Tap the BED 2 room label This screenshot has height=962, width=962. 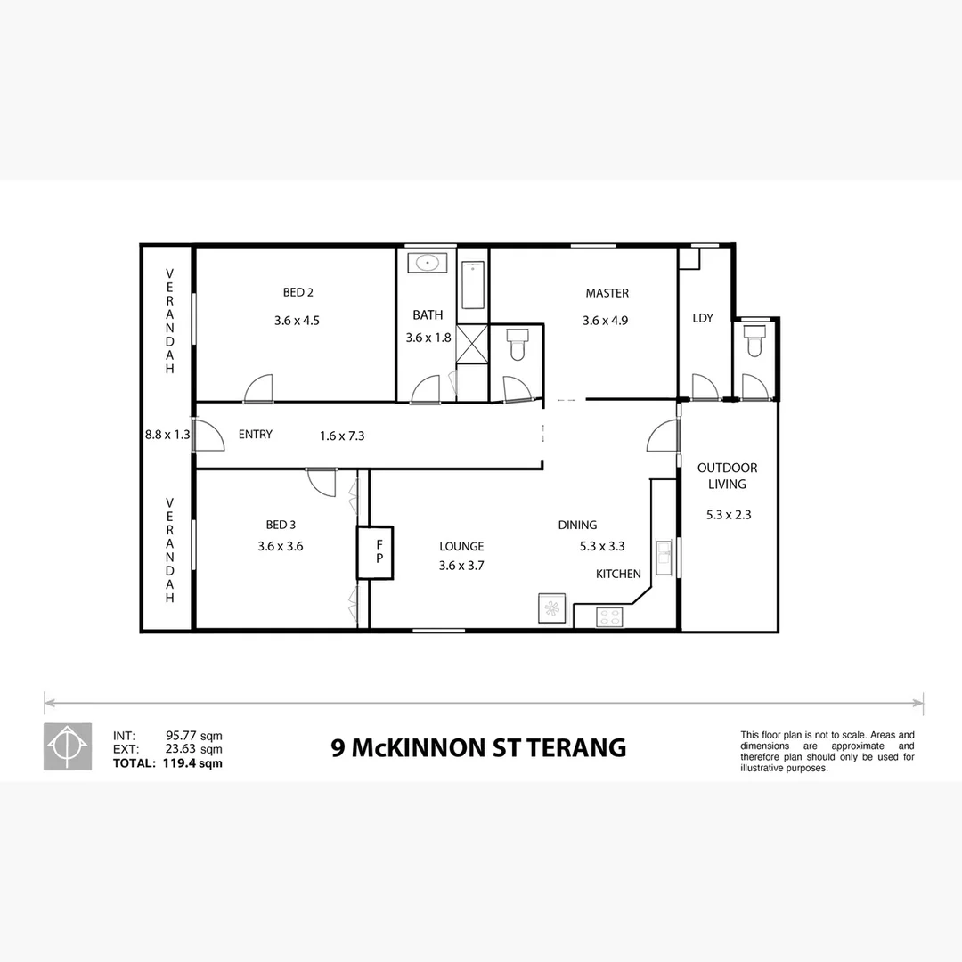(298, 293)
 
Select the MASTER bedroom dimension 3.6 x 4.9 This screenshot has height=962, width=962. (606, 321)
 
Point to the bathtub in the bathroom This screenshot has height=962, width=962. (473, 284)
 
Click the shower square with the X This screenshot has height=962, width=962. (472, 342)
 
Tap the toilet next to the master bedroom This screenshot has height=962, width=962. (517, 344)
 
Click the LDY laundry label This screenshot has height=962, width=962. (703, 318)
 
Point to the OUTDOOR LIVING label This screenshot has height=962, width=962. (727, 476)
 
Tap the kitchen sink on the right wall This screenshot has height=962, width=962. (664, 559)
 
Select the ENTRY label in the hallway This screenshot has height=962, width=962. (256, 435)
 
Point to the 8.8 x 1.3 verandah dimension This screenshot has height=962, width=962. (168, 436)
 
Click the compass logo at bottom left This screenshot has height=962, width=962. (68, 746)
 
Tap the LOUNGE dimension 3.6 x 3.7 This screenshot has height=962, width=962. (461, 565)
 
